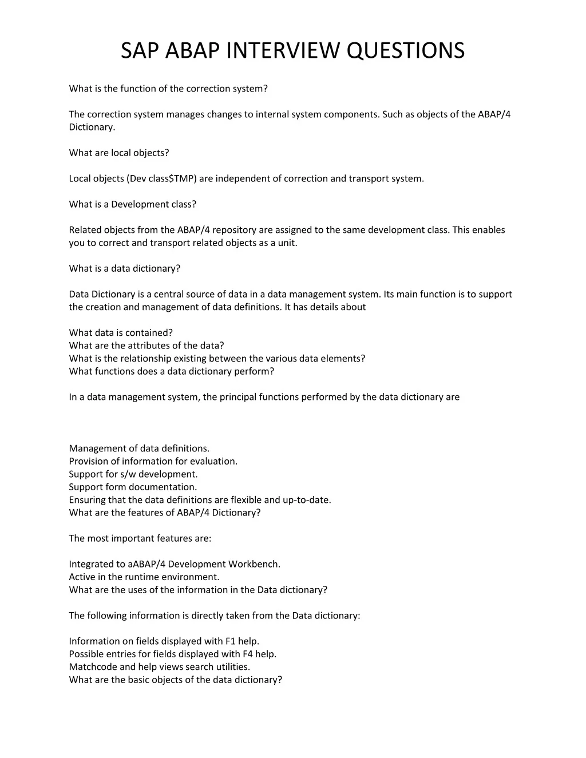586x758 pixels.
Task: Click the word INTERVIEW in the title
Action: point(283,50)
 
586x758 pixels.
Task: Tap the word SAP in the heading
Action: point(140,50)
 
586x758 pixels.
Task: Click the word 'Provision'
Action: point(89,461)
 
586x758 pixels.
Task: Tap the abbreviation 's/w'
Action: point(128,474)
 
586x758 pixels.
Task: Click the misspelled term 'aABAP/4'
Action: point(146,564)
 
